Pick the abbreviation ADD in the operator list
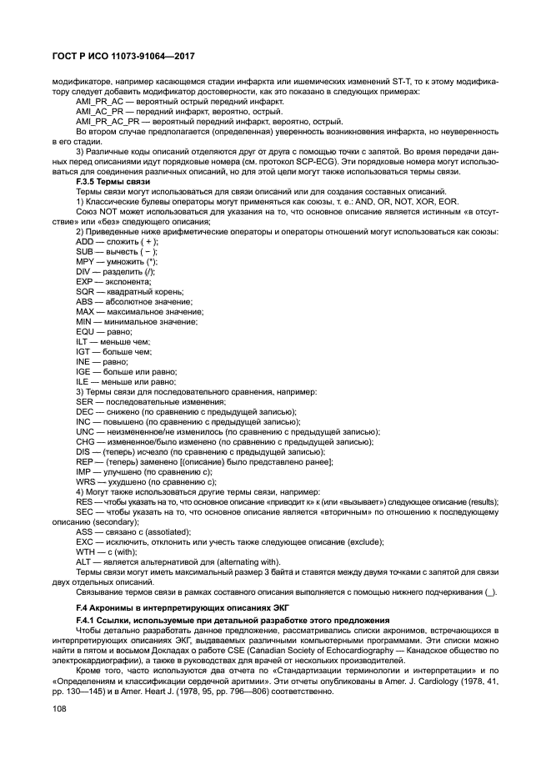point(84,241)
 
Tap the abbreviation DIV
point(83,271)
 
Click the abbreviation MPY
point(84,261)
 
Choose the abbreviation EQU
point(84,331)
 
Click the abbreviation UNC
point(84,431)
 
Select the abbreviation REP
point(84,461)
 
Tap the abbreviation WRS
point(85,481)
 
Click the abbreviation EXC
point(84,541)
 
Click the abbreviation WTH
point(85,551)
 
